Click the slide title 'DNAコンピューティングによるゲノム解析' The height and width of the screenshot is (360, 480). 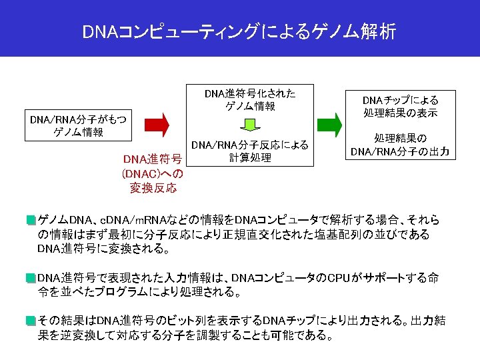[x=239, y=31]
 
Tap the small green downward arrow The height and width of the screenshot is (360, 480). [x=249, y=125]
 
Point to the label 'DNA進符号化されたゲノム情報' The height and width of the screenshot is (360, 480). [x=250, y=99]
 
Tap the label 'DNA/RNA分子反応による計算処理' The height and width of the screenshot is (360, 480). [x=250, y=151]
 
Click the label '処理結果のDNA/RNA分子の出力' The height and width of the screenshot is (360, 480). [x=400, y=145]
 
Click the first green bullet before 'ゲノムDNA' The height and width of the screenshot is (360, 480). [x=31, y=219]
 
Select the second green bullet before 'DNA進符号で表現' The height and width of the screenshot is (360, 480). [x=31, y=277]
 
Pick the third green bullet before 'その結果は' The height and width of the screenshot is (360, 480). [x=31, y=320]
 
